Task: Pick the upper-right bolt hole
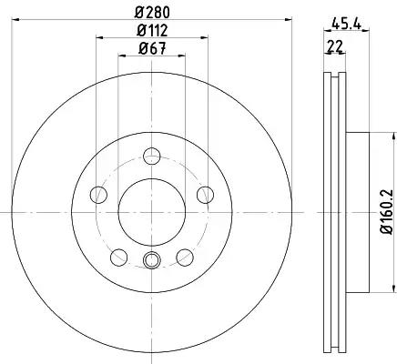click(205, 194)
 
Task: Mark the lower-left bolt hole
click(118, 256)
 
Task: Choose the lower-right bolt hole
click(185, 256)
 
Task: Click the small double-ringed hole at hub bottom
click(152, 263)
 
